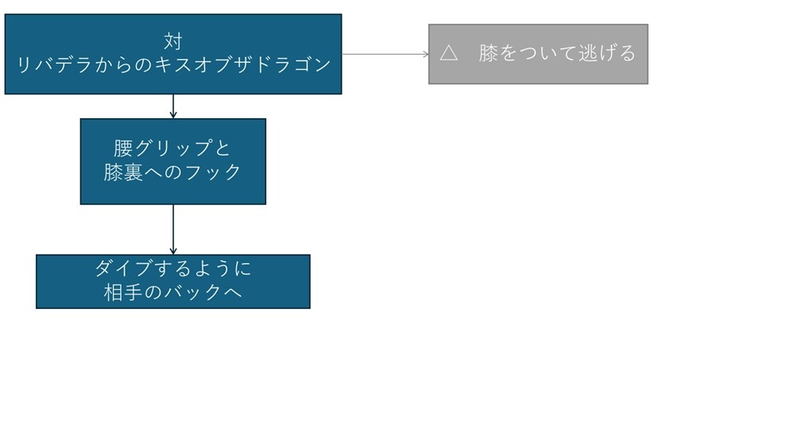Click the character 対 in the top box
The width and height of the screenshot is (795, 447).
coord(173,40)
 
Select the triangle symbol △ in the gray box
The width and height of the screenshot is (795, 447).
coord(448,53)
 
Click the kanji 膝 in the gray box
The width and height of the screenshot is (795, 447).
coord(488,53)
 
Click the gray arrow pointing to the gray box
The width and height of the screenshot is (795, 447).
coord(386,54)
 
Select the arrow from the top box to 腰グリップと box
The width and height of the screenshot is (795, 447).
coord(173,106)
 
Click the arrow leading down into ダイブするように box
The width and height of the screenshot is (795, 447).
coord(173,229)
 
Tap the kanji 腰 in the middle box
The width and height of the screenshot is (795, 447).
coord(124,148)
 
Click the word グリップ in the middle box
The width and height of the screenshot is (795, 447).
coord(173,148)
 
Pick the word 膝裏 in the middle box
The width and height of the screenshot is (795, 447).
coord(123,172)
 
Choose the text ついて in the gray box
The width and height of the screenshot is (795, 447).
coord(548,53)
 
